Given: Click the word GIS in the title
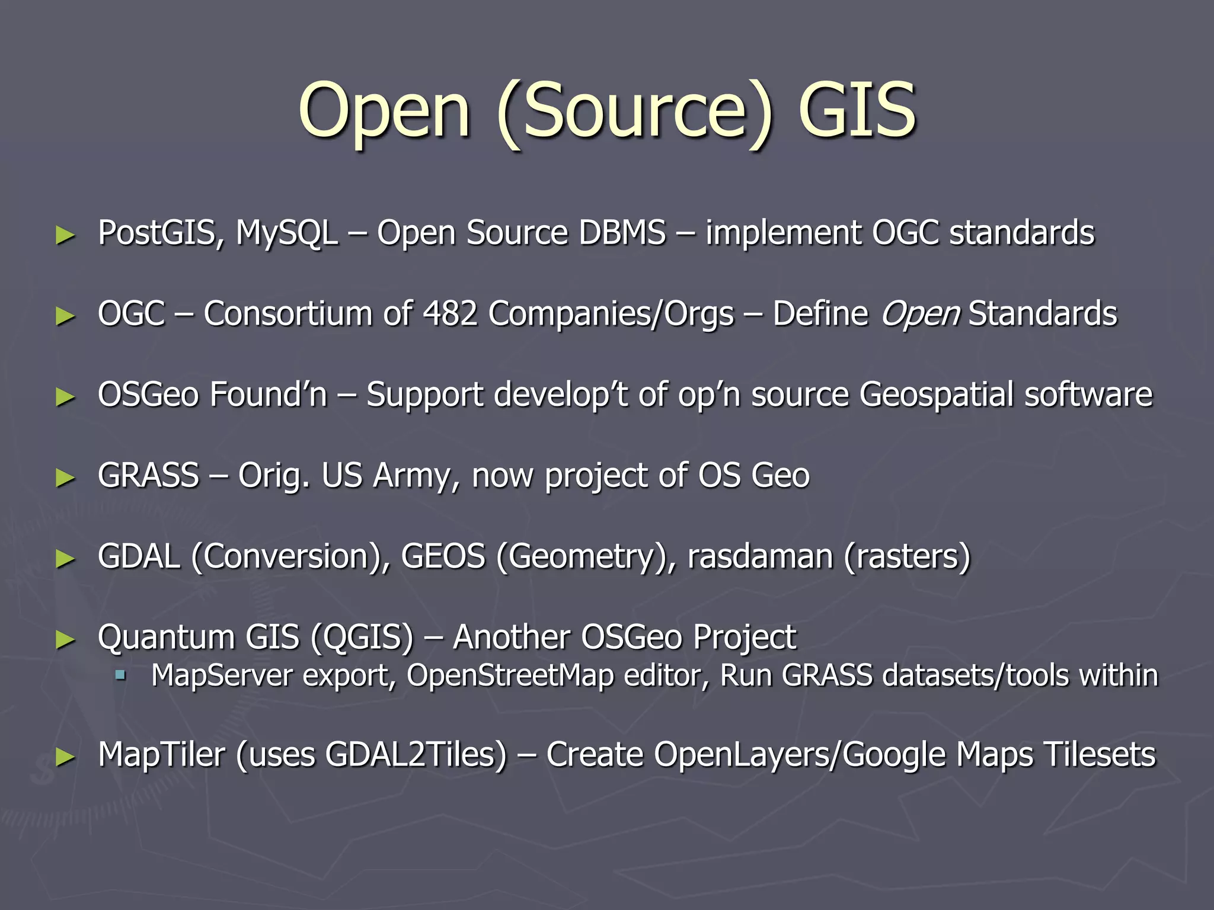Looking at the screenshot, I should (x=857, y=111).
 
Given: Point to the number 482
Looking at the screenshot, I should (x=450, y=313).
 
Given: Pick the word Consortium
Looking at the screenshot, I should (x=288, y=313).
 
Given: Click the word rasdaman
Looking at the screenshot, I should (x=760, y=557).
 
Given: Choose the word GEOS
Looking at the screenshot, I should (x=443, y=557).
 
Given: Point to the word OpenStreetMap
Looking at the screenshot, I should (x=510, y=676).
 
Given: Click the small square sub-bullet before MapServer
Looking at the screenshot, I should (x=121, y=675).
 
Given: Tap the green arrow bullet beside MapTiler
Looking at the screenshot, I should (x=65, y=757).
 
